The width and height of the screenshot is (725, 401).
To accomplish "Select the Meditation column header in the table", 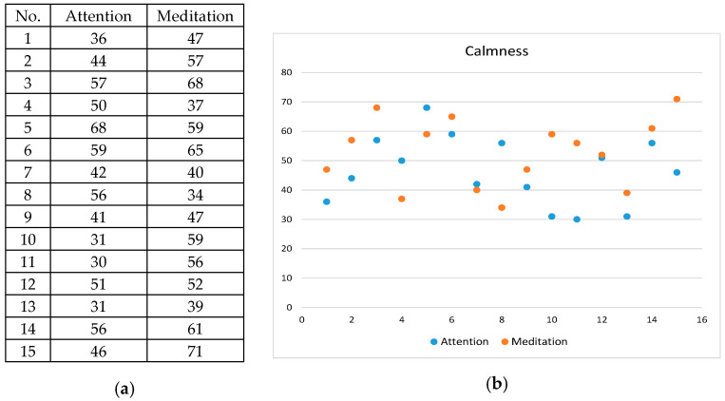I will [x=194, y=16].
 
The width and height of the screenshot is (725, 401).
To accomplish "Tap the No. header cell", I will [x=29, y=16].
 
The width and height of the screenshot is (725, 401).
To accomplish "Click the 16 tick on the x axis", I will [x=701, y=319].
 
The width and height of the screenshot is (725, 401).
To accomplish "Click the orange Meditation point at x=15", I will [x=677, y=99].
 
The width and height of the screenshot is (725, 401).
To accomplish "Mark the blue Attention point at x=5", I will [x=427, y=107].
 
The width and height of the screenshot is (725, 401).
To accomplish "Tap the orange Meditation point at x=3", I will [x=376, y=107].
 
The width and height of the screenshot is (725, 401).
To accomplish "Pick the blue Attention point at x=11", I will [x=577, y=220].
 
